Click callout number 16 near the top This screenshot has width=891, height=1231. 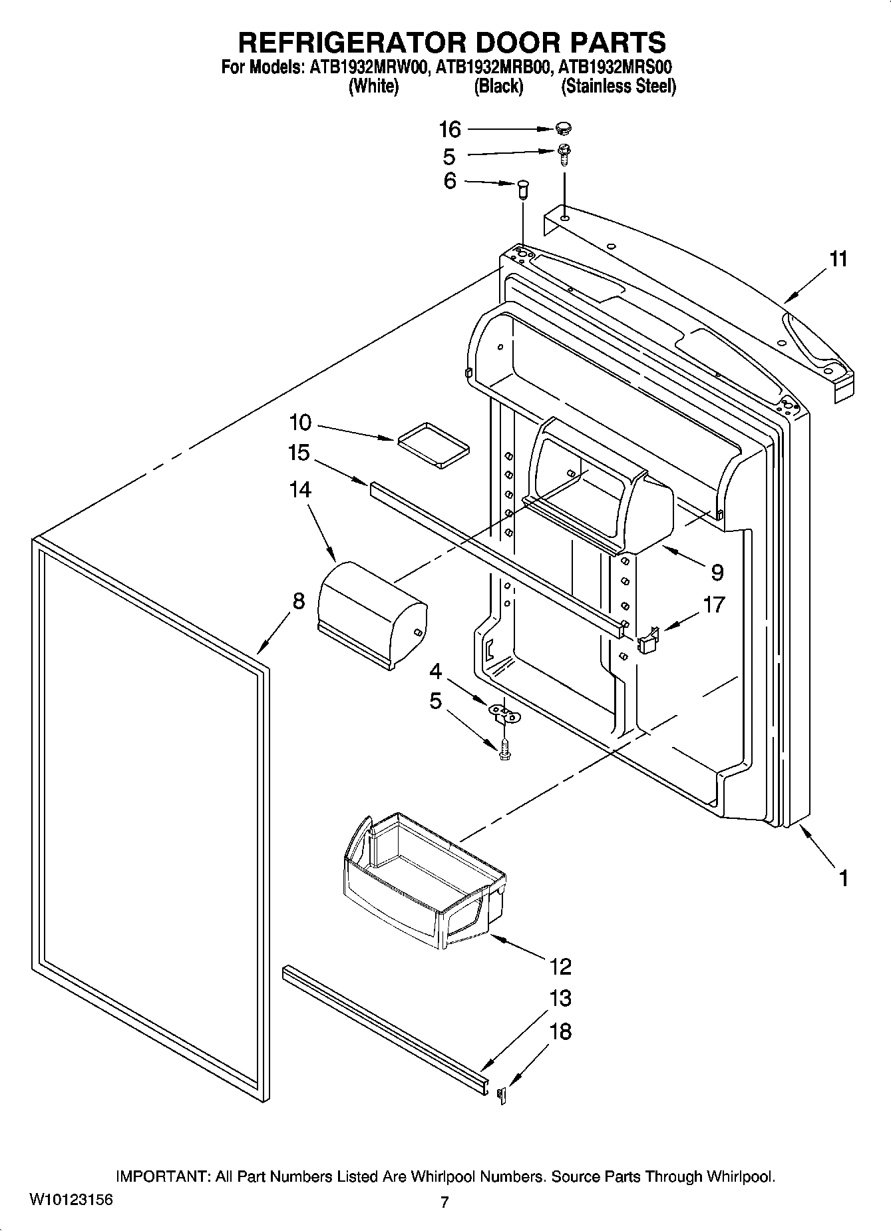click(x=450, y=129)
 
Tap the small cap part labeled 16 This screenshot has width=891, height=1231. click(x=564, y=128)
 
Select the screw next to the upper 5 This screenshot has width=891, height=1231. click(x=564, y=154)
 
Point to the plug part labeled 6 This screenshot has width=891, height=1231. click(x=522, y=189)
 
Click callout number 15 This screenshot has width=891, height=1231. click(x=299, y=453)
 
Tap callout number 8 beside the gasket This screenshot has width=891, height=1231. click(x=298, y=601)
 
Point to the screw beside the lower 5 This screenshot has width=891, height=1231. click(x=504, y=750)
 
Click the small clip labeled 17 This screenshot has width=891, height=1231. click(x=649, y=640)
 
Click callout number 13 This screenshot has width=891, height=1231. click(x=560, y=998)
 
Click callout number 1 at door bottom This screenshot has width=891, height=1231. click(x=842, y=878)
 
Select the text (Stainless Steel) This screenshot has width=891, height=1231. click(x=618, y=87)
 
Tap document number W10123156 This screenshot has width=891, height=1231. click(x=71, y=1200)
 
